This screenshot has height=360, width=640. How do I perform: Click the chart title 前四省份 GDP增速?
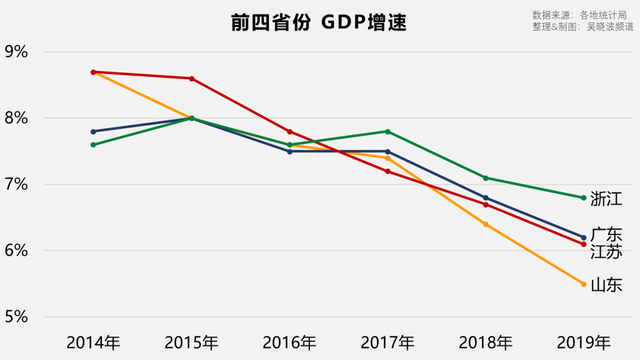[x=310, y=22]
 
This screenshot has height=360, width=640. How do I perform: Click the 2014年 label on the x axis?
[x=93, y=342]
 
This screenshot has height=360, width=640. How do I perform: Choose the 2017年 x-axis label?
[x=387, y=342]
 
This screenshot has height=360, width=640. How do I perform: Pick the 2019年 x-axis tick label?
[x=583, y=342]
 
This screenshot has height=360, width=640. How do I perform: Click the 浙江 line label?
[x=606, y=198]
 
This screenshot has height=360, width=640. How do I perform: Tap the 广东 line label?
[x=606, y=234]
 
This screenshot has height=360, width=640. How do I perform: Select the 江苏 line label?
[x=606, y=251]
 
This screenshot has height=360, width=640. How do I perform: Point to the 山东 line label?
[x=606, y=285]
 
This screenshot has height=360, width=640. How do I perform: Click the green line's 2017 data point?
[x=387, y=131]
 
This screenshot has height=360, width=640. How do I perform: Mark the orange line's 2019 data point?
[x=583, y=284]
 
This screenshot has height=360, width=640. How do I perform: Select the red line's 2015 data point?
[x=191, y=78]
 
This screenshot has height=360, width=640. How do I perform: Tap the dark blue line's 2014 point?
[x=93, y=131]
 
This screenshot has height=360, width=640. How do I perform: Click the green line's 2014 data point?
[x=93, y=145]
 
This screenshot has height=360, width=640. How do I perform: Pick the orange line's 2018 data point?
[x=485, y=224]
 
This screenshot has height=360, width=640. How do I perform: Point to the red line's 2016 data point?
[x=289, y=131]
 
